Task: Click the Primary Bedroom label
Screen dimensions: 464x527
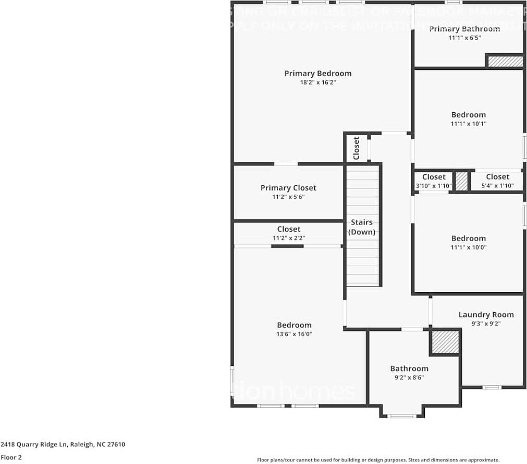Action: pos(317,74)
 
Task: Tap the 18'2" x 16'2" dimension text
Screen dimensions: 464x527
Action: pos(317,82)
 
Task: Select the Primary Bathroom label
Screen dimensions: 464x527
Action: pos(464,29)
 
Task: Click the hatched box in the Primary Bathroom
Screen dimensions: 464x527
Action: pos(505,61)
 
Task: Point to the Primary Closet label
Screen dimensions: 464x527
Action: pos(288,188)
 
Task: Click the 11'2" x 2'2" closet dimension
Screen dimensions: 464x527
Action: pos(288,238)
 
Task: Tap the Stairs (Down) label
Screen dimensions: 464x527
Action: pos(362,227)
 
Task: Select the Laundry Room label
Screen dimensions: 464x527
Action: pos(486,315)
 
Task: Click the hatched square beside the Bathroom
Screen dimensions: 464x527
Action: pos(445,341)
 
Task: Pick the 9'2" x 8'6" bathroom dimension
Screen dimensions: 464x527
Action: pos(409,377)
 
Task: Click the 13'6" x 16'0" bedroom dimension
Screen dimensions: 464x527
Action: pos(294,334)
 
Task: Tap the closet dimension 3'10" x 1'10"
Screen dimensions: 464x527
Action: pos(433,186)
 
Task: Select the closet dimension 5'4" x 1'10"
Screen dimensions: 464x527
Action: pos(497,186)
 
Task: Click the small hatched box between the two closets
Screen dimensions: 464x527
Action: pos(461,181)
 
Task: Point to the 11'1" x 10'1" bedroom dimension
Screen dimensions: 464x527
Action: pos(468,124)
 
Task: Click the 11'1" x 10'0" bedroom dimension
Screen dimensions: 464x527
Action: pos(468,247)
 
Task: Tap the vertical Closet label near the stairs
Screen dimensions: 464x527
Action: pos(357,148)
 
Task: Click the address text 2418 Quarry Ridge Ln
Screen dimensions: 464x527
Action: pos(63,445)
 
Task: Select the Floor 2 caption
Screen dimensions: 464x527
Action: pos(11,457)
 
